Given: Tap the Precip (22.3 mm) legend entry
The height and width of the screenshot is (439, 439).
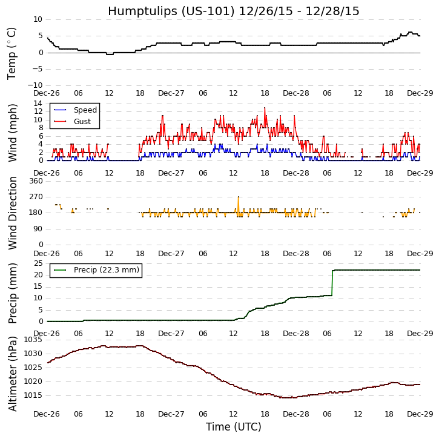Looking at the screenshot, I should pyautogui.click(x=106, y=270).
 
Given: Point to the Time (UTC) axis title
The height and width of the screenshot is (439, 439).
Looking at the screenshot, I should pyautogui.click(x=233, y=427).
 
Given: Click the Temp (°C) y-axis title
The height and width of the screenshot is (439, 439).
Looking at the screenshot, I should pyautogui.click(x=12, y=53).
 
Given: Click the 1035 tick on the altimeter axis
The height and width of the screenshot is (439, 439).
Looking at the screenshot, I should pyautogui.click(x=33, y=340).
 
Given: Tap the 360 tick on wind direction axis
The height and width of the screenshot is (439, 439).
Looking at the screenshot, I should pyautogui.click(x=35, y=181).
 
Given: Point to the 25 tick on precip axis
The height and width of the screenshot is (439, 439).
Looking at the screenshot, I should pyautogui.click(x=38, y=263).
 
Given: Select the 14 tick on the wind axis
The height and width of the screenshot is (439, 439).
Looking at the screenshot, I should pyautogui.click(x=38, y=104).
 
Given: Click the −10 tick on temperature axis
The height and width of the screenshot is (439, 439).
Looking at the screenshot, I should pyautogui.click(x=33, y=85).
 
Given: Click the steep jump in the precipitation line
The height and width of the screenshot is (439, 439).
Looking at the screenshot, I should pyautogui.click(x=332, y=282).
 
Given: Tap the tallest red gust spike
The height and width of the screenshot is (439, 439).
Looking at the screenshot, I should pyautogui.click(x=265, y=108).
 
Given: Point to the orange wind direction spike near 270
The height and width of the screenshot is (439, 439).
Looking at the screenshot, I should pyautogui.click(x=238, y=197).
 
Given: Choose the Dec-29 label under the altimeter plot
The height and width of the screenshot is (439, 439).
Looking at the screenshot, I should pyautogui.click(x=420, y=414).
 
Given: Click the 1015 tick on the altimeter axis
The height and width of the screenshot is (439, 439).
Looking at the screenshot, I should pyautogui.click(x=33, y=395).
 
